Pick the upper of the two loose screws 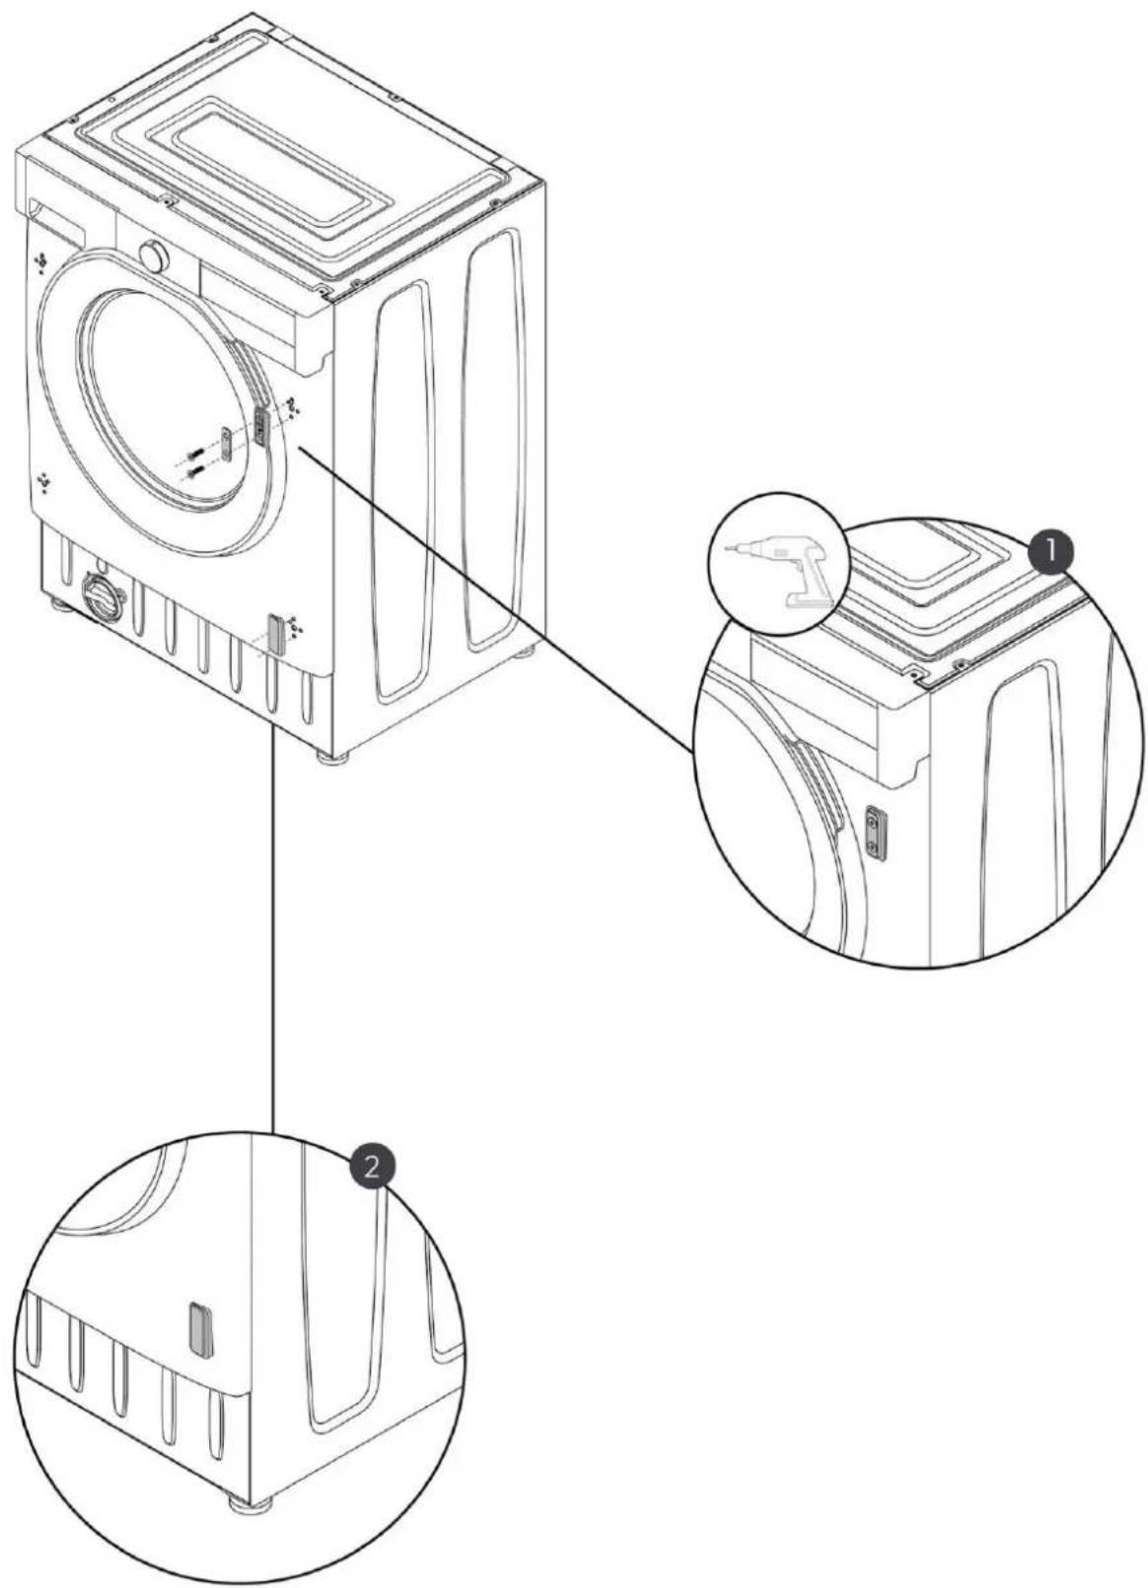[x=195, y=455]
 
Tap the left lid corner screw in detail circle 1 [x=914, y=669]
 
